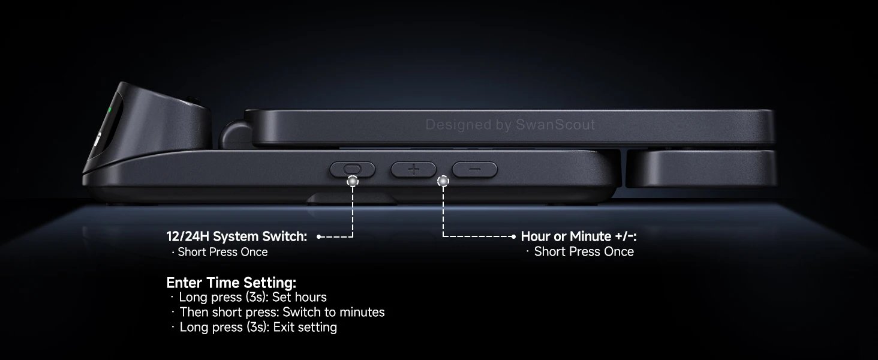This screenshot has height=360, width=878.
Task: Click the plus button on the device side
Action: (x=413, y=170)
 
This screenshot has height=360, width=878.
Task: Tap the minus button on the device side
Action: (x=474, y=170)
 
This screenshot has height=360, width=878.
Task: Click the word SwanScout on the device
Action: (x=556, y=125)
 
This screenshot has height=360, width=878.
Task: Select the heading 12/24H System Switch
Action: (x=237, y=236)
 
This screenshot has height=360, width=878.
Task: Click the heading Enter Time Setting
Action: (x=231, y=283)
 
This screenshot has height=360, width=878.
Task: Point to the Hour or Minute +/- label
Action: (x=578, y=236)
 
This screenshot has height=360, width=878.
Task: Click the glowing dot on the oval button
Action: (x=353, y=180)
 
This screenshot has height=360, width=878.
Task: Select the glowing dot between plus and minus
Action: (x=443, y=180)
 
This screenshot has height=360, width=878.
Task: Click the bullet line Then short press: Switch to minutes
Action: (x=282, y=312)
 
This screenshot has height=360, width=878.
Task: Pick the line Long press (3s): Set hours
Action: (x=252, y=297)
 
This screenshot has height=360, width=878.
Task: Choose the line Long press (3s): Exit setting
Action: (x=258, y=327)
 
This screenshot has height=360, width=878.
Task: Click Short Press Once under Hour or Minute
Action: (x=584, y=251)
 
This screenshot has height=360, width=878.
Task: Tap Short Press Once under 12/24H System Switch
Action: (x=222, y=252)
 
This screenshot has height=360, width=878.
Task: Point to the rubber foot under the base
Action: (x=352, y=198)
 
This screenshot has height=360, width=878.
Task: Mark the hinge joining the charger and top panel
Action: (x=234, y=133)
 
